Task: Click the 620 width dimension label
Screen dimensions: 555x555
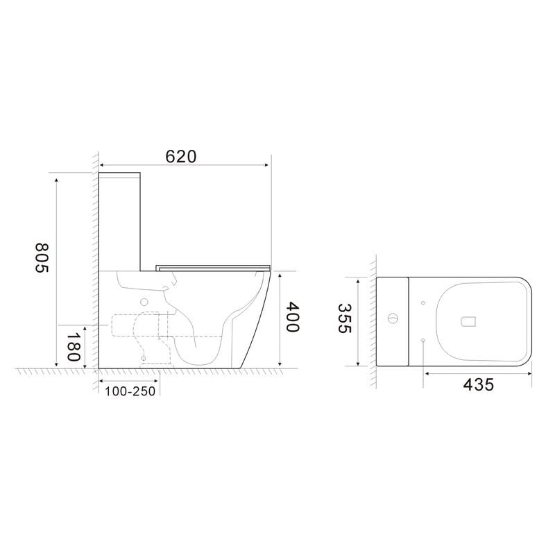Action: point(181,156)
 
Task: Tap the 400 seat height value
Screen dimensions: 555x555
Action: point(292,318)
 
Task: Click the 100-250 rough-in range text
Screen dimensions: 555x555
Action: point(130,392)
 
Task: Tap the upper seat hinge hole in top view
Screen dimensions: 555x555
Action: point(422,303)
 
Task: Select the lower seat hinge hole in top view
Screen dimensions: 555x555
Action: point(422,339)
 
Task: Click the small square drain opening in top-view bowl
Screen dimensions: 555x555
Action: point(468,321)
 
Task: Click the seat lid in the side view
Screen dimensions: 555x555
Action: point(212,266)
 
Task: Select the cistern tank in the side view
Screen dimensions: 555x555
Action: point(121,219)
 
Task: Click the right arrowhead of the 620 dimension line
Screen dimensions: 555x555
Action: point(266,165)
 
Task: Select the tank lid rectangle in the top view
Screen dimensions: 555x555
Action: point(393,321)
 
